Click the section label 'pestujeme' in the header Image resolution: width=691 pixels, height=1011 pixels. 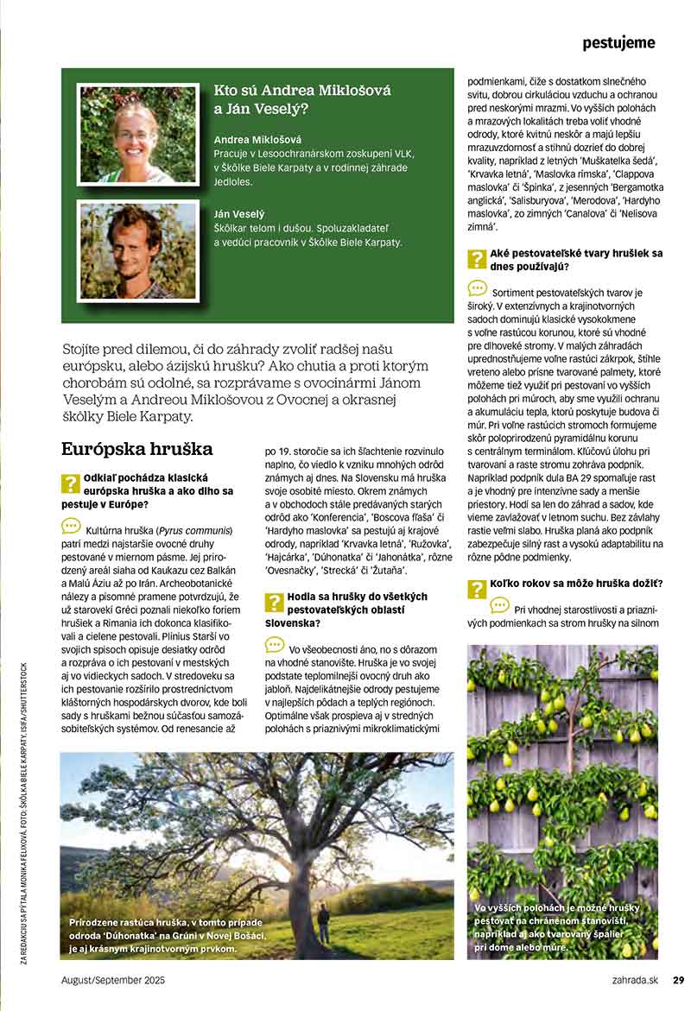[x=618, y=42]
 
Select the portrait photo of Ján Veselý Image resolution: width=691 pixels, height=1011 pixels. [x=136, y=250]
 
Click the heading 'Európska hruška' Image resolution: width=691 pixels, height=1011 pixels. [x=137, y=449]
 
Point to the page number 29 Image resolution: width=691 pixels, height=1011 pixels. [x=679, y=980]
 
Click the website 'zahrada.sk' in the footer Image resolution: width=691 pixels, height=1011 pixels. [x=634, y=980]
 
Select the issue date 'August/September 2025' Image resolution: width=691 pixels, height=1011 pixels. [x=113, y=980]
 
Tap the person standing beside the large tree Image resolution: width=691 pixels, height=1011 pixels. [x=323, y=923]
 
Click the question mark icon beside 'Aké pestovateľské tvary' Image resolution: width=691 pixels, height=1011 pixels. [x=477, y=259]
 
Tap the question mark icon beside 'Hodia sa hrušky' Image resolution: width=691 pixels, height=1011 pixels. [x=274, y=603]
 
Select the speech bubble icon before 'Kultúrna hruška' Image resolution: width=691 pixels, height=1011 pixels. [x=71, y=525]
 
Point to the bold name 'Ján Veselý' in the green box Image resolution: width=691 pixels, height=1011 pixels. [x=239, y=213]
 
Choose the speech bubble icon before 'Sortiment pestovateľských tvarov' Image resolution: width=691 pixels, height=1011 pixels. [x=477, y=288]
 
